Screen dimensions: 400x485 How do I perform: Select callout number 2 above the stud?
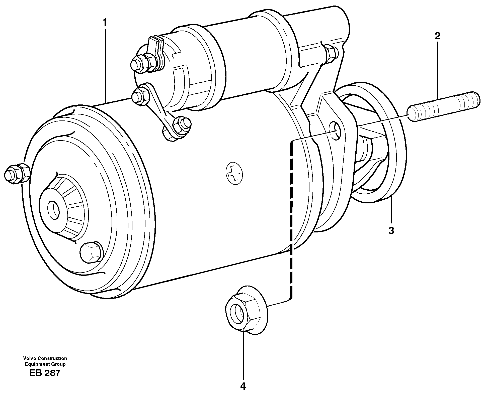tap(437, 36)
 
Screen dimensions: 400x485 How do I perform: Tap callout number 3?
tap(391, 230)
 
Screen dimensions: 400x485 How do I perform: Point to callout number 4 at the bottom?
tap(243, 386)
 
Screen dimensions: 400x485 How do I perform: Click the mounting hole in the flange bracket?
tap(336, 130)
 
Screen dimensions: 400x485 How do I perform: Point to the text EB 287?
tap(45, 373)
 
